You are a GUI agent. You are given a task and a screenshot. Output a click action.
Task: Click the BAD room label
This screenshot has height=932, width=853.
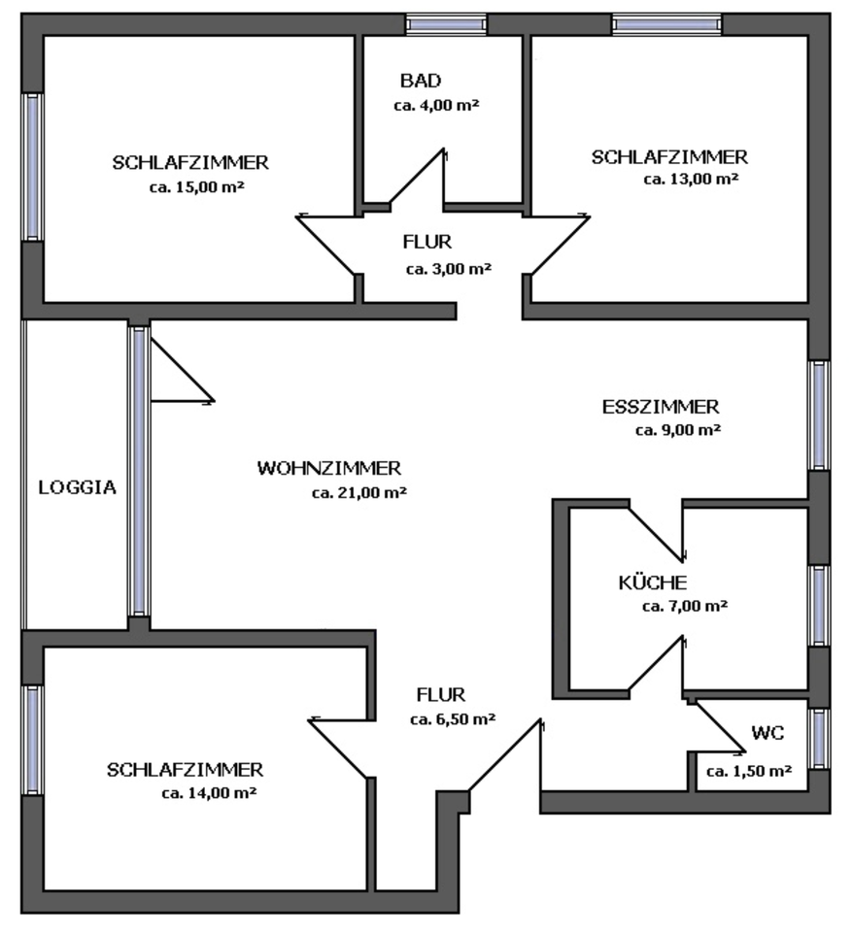(x=420, y=80)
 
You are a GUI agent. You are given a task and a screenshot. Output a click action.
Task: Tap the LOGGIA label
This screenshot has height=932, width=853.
(x=78, y=487)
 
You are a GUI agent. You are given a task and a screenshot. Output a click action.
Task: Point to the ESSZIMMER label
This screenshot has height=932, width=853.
(x=661, y=406)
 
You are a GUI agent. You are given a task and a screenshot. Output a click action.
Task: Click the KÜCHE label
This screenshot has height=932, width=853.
(x=653, y=582)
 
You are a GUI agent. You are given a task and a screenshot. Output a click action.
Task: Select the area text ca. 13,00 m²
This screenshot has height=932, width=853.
(x=691, y=179)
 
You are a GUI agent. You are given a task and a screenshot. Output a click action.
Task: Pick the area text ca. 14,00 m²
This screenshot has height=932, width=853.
(x=209, y=793)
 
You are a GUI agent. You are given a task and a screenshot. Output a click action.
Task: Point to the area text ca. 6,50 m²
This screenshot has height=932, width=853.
(x=453, y=719)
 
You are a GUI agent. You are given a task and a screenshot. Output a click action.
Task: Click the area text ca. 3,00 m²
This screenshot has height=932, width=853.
(x=448, y=269)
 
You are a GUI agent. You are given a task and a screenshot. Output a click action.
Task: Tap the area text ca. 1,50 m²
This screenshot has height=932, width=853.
(x=748, y=772)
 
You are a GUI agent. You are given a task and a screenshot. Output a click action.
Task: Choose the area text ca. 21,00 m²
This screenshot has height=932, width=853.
(x=358, y=493)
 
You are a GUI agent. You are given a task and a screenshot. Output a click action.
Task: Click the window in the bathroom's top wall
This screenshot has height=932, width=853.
(x=446, y=24)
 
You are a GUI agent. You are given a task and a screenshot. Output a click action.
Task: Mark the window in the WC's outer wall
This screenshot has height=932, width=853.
(x=820, y=738)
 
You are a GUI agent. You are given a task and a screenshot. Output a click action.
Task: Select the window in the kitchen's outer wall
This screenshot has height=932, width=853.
(x=820, y=605)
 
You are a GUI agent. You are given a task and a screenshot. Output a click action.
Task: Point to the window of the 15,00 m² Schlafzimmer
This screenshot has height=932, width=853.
(x=32, y=166)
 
